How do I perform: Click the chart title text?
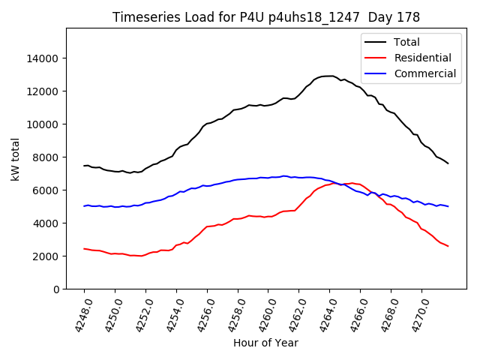[265, 16]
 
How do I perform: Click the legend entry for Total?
[406, 42]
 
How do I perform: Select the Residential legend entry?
[422, 58]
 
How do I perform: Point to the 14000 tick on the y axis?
[43, 58]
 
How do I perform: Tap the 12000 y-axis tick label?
[43, 91]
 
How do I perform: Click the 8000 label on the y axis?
[46, 157]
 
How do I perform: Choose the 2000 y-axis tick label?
[46, 256]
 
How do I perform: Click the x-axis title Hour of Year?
[265, 343]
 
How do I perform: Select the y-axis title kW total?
[15, 159]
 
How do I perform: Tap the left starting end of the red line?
[84, 248]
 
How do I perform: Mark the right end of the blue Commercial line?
[448, 206]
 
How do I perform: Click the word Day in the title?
[386, 16]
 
